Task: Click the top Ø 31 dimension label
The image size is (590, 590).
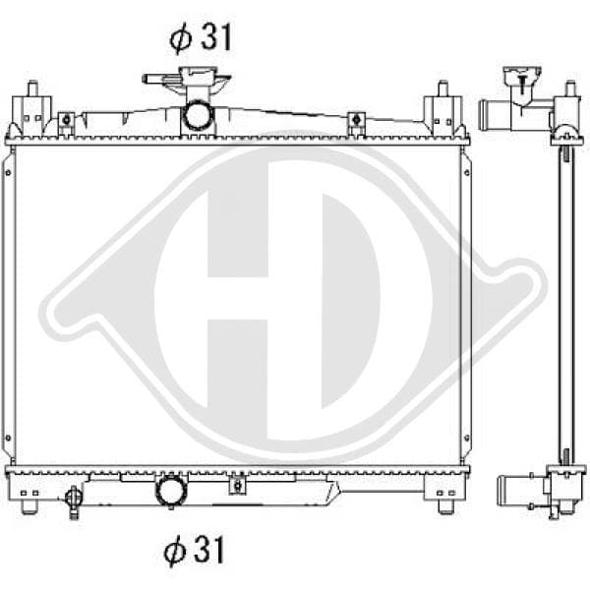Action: [201, 37]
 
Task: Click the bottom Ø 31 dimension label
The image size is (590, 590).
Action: [194, 550]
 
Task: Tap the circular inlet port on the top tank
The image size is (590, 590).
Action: [198, 114]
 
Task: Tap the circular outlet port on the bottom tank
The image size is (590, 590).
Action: [171, 490]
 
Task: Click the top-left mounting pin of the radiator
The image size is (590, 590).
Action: [32, 88]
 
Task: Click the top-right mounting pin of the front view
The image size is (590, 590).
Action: [443, 88]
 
